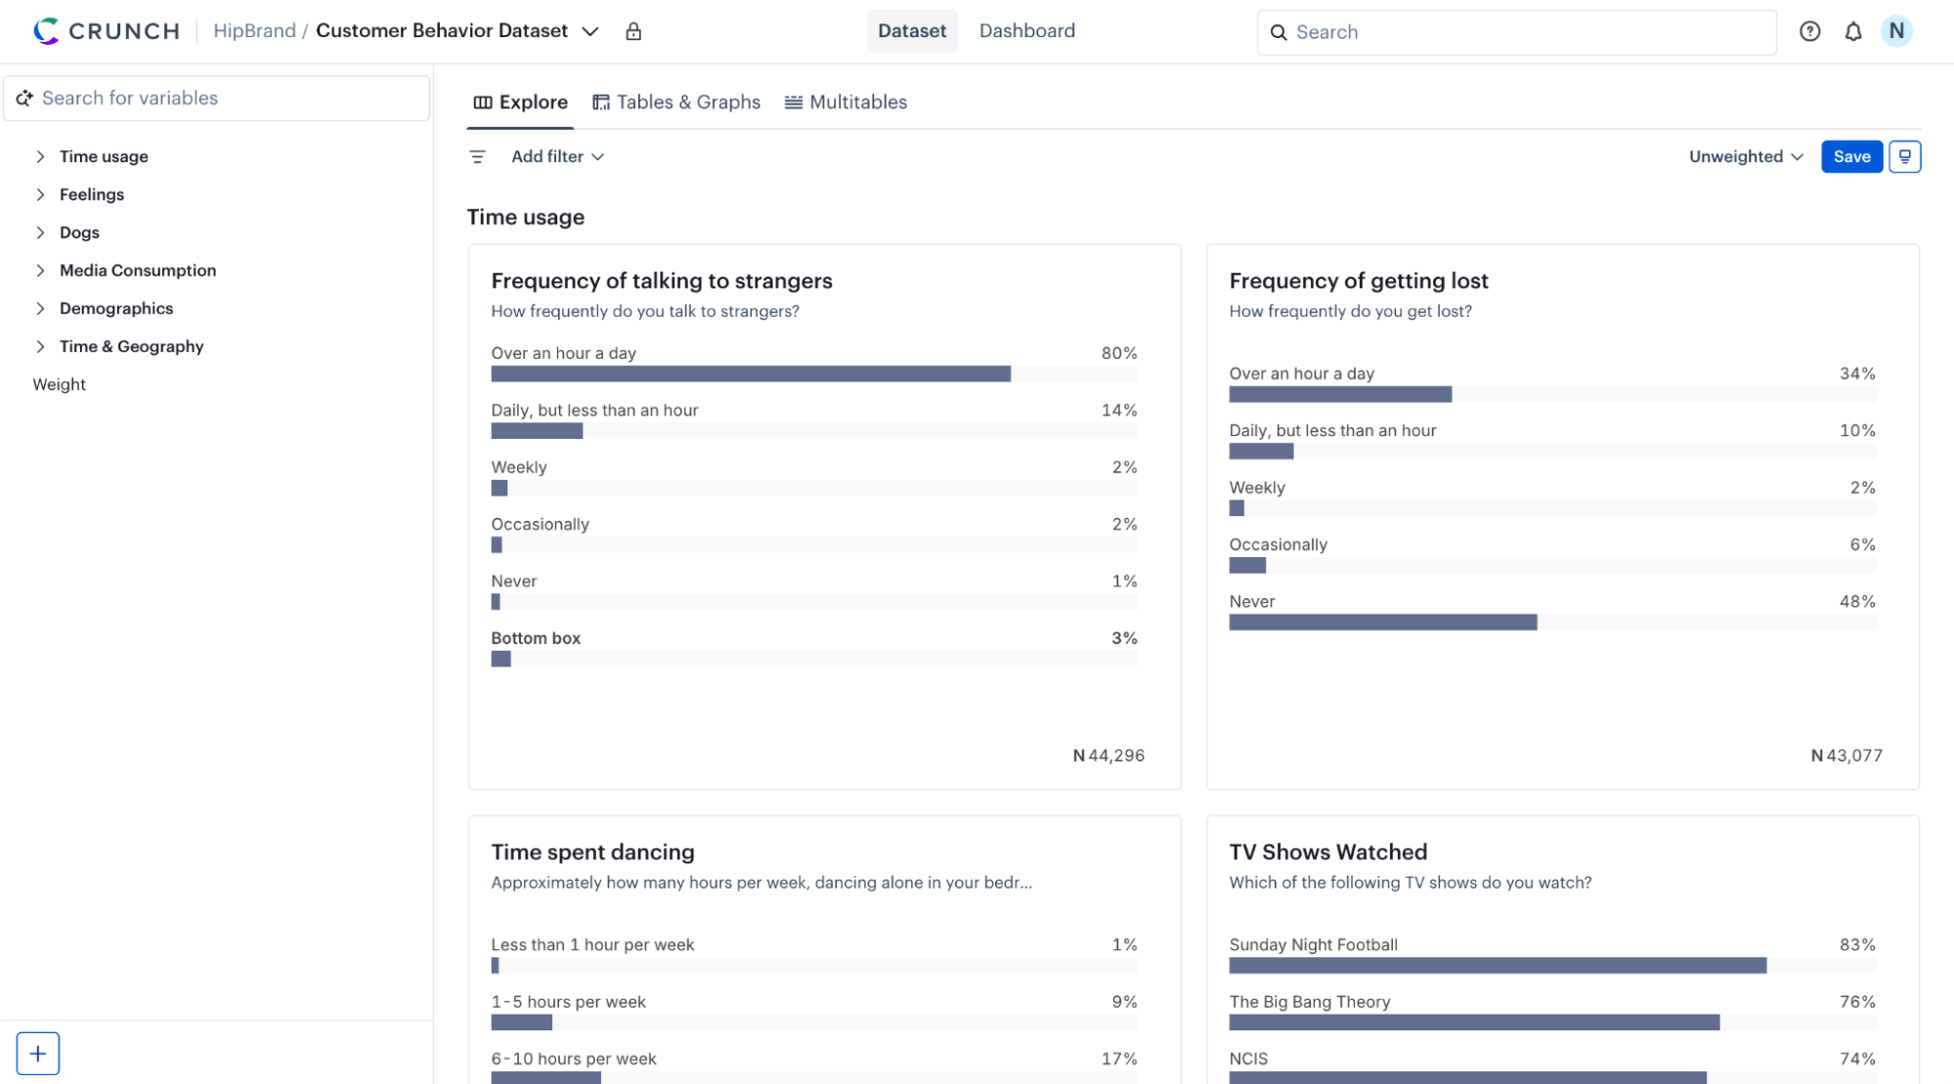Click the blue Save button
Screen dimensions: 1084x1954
point(1851,156)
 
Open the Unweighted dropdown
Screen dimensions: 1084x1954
point(1746,156)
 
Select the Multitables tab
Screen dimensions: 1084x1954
point(847,103)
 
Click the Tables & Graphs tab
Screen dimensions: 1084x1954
point(676,103)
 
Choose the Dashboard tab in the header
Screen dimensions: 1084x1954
point(1026,31)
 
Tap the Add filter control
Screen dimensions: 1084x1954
point(557,156)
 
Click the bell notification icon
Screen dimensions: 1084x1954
point(1853,32)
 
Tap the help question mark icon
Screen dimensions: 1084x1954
point(1809,32)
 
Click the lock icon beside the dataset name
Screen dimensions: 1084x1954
point(633,32)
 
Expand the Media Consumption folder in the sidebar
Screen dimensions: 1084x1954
point(137,271)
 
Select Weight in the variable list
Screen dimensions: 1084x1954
point(60,385)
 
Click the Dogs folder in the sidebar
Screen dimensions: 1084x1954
point(79,233)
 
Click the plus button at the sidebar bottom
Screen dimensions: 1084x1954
point(38,1054)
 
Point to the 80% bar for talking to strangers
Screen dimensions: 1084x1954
point(751,374)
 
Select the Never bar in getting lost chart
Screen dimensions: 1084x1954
point(1382,623)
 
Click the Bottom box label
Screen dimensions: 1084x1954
point(536,638)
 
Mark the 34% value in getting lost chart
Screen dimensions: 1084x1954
point(1856,373)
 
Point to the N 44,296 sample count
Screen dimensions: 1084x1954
point(1108,756)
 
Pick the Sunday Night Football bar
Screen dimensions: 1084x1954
point(1498,966)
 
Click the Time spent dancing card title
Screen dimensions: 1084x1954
point(592,852)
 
